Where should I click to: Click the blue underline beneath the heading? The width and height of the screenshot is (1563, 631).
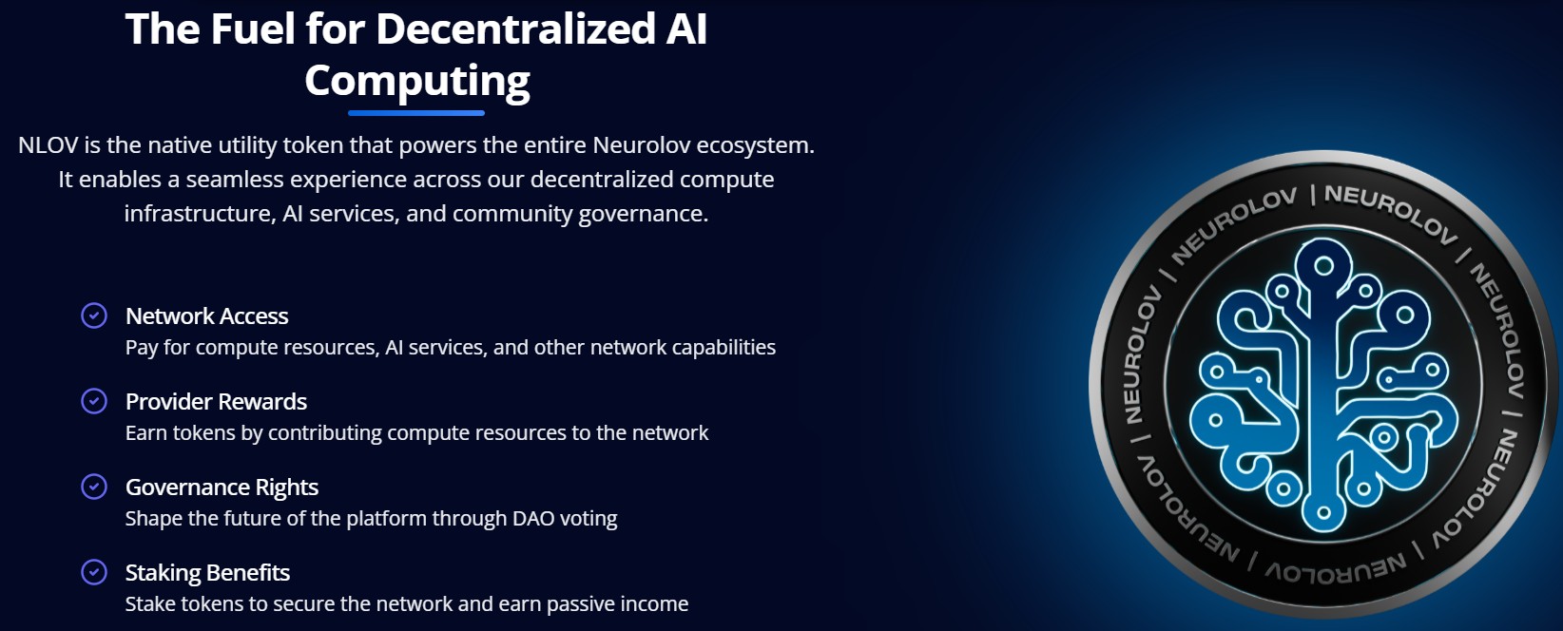point(416,113)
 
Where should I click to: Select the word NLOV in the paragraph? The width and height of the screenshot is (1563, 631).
point(48,145)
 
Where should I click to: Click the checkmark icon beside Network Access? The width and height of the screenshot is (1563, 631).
point(94,315)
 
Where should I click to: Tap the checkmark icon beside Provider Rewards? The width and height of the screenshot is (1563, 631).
point(94,401)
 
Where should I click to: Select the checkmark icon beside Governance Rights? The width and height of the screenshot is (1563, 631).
point(94,487)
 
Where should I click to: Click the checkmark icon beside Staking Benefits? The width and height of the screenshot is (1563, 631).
point(94,572)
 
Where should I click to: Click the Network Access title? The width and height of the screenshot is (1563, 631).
point(206,316)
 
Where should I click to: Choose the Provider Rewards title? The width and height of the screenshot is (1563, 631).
point(216,402)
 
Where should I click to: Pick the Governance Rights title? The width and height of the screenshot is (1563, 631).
point(222,488)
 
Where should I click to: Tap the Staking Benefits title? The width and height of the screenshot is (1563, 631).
point(207,573)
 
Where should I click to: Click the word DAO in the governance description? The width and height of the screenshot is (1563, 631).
point(533,519)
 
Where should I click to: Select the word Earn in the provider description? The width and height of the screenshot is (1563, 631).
point(146,433)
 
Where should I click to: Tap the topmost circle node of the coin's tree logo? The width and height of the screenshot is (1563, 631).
point(1323,265)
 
